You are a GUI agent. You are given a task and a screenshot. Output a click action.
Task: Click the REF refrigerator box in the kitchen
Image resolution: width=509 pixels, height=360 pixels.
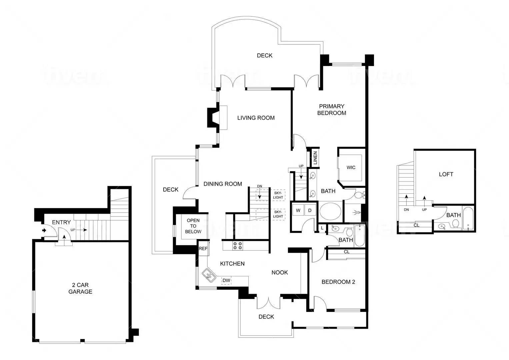pyautogui.click(x=203, y=249)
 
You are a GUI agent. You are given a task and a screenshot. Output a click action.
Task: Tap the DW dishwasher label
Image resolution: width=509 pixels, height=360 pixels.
pyautogui.click(x=226, y=280)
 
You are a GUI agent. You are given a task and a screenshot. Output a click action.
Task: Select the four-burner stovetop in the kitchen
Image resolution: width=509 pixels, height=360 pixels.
pyautogui.click(x=237, y=246)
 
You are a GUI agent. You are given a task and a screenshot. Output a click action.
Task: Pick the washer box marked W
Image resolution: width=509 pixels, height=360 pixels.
pyautogui.click(x=298, y=211)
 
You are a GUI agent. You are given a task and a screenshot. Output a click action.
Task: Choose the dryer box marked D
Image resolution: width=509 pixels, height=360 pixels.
pyautogui.click(x=310, y=211)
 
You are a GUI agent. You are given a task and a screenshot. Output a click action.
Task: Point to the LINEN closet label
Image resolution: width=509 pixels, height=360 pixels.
pyautogui.click(x=315, y=158)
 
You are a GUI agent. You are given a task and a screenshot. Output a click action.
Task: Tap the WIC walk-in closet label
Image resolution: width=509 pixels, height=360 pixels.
pyautogui.click(x=351, y=167)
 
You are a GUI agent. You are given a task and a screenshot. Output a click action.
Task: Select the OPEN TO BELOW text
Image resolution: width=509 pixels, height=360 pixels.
pyautogui.click(x=193, y=226)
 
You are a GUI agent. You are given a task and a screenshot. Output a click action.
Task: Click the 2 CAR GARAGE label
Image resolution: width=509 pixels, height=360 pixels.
pyautogui.click(x=80, y=288)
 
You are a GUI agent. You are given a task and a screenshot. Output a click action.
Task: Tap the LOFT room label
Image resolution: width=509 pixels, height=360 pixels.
pyautogui.click(x=446, y=174)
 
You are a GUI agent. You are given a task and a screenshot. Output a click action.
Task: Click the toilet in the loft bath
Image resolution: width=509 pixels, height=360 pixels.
pyautogui.click(x=456, y=224)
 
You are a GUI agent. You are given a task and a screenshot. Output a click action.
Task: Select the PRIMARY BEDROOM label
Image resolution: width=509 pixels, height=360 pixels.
pyautogui.click(x=332, y=110)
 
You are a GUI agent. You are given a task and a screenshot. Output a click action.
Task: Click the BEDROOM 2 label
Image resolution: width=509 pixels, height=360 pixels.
pyautogui.click(x=338, y=282)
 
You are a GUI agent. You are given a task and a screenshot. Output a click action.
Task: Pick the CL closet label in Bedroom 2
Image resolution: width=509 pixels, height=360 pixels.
pyautogui.click(x=347, y=252)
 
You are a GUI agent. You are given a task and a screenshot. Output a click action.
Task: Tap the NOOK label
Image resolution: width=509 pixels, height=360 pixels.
pyautogui.click(x=280, y=273)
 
